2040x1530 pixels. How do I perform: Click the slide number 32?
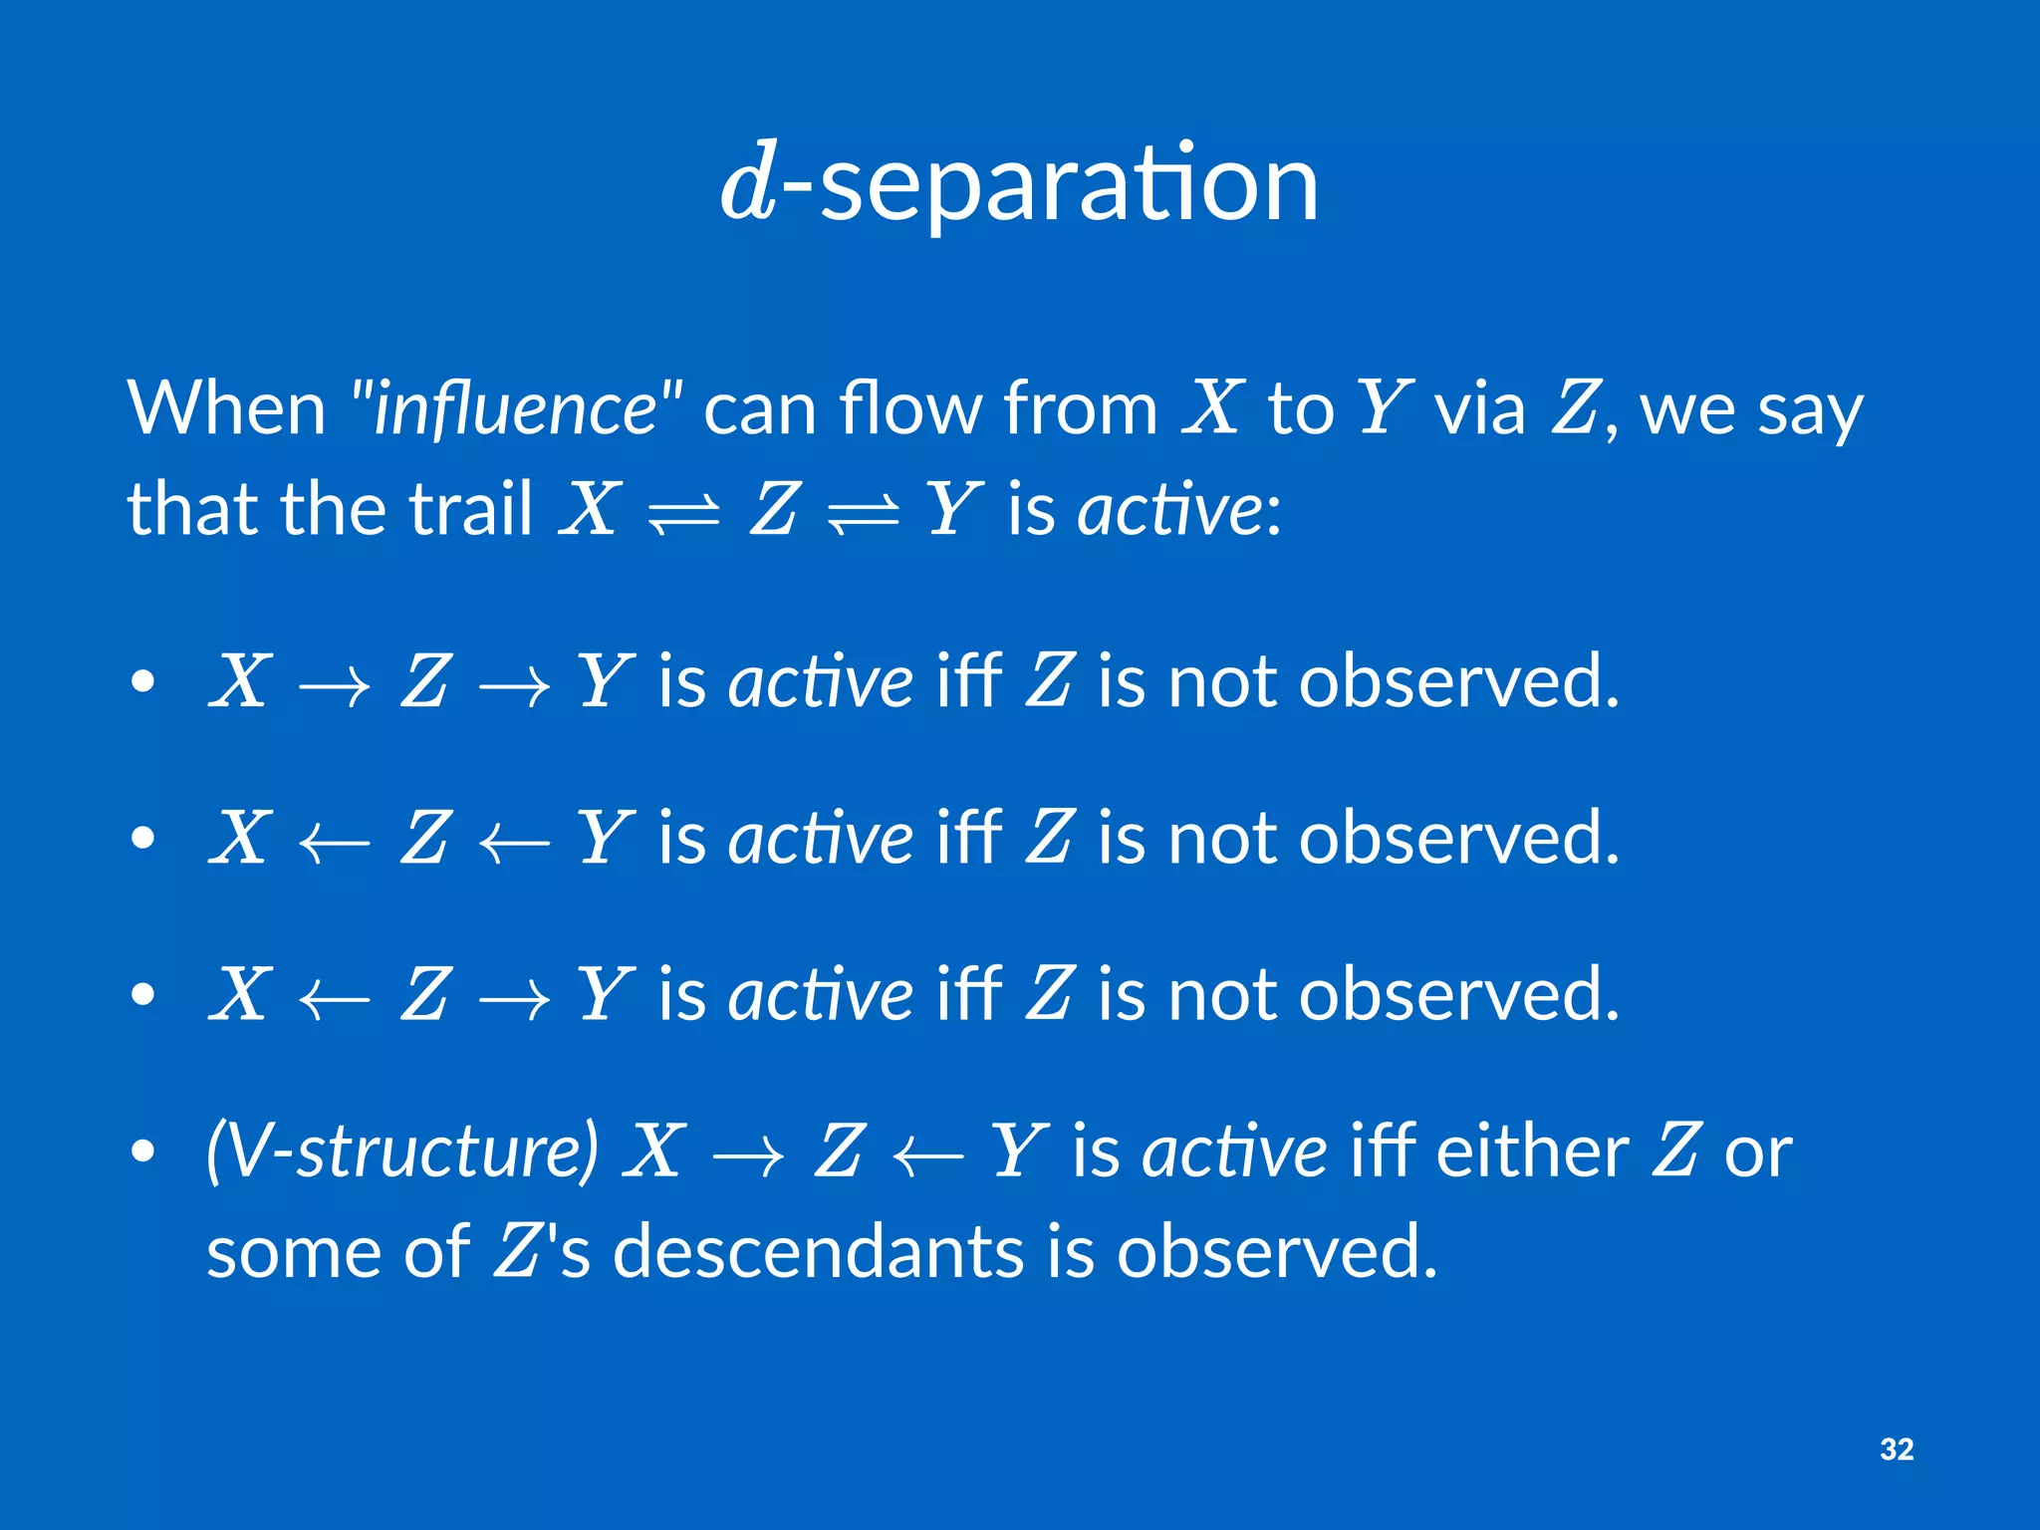(1897, 1448)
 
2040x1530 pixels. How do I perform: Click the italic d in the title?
(749, 185)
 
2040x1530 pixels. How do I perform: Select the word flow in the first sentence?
(910, 408)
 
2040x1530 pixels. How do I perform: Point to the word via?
(1479, 408)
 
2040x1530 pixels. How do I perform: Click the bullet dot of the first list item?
(143, 682)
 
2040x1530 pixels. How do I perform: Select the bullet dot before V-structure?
(143, 1151)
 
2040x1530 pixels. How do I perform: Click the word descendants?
(817, 1252)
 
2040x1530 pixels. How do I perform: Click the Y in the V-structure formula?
(1018, 1150)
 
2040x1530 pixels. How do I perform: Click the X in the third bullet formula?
(240, 994)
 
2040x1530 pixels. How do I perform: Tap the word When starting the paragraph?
(227, 408)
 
